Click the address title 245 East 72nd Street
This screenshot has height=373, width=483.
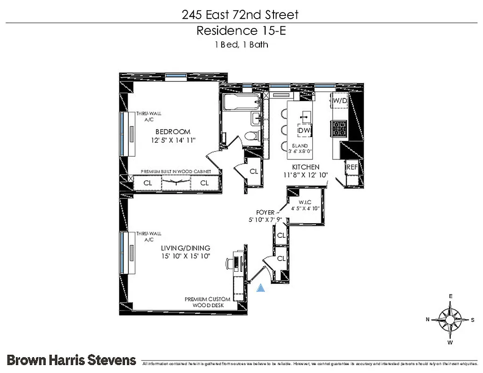point(240,15)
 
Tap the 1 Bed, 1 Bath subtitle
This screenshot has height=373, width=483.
point(240,45)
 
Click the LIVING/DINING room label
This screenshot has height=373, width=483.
point(185,248)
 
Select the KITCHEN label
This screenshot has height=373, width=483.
point(306,167)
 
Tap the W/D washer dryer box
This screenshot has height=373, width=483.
point(339,100)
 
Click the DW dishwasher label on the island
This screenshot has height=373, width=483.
point(304,131)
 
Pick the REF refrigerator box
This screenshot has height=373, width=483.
point(351,166)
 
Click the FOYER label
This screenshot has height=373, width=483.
point(265,213)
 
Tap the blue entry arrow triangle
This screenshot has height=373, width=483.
point(261,289)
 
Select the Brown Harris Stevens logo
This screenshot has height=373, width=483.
point(71,359)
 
